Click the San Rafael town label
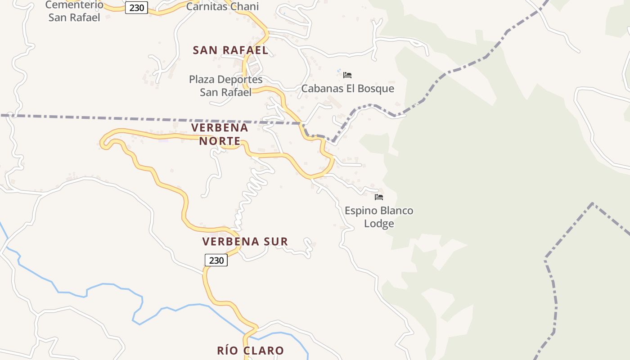(230, 50)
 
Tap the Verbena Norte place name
(220, 134)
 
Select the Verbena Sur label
(245, 242)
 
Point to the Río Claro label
(250, 351)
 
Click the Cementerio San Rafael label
(74, 12)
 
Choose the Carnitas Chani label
(222, 7)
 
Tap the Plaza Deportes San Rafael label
(225, 86)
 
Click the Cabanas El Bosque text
(347, 89)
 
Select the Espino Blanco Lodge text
(379, 217)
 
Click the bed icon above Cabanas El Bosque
(347, 75)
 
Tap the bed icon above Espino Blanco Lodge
(379, 197)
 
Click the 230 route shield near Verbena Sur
(216, 260)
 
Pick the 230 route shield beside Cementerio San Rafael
(136, 8)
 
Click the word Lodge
(379, 224)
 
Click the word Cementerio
(74, 5)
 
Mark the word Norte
(220, 141)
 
